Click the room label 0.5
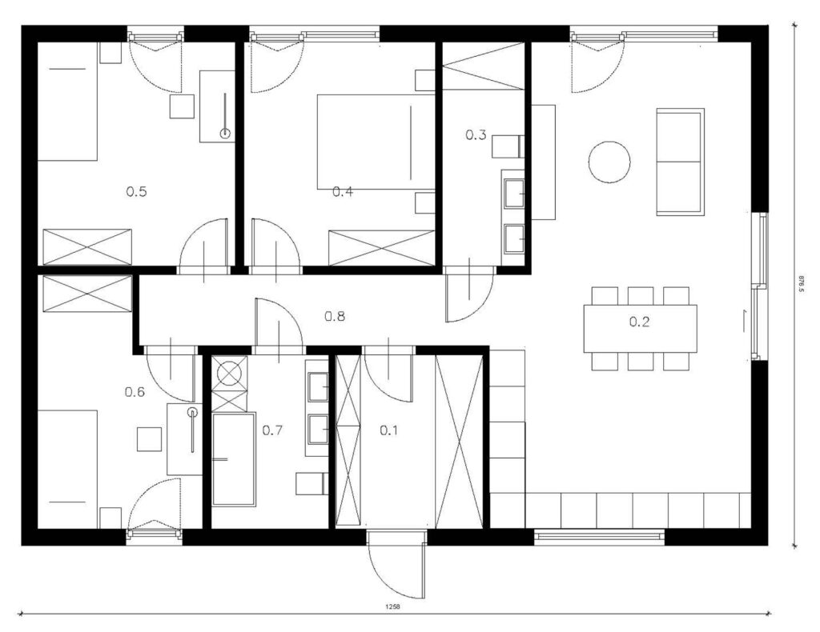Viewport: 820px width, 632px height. click(136, 192)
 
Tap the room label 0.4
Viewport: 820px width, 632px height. click(343, 192)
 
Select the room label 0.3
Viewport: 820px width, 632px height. click(476, 134)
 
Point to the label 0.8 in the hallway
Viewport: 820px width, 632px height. click(335, 316)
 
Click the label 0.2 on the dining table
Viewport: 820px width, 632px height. click(639, 322)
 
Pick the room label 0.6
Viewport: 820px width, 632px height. click(135, 392)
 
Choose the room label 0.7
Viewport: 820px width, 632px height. click(272, 430)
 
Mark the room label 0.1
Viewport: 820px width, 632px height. click(388, 430)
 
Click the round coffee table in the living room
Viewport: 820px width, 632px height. click(609, 162)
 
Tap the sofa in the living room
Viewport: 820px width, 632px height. click(679, 162)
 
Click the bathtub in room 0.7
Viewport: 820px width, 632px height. click(234, 459)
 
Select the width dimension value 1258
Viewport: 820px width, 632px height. click(392, 607)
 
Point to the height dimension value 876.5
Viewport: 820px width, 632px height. click(801, 284)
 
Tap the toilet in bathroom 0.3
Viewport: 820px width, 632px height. click(508, 146)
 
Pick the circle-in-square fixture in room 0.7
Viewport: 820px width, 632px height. click(230, 373)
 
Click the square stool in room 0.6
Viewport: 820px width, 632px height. click(149, 438)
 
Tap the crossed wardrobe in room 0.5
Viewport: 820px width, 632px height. click(87, 246)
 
